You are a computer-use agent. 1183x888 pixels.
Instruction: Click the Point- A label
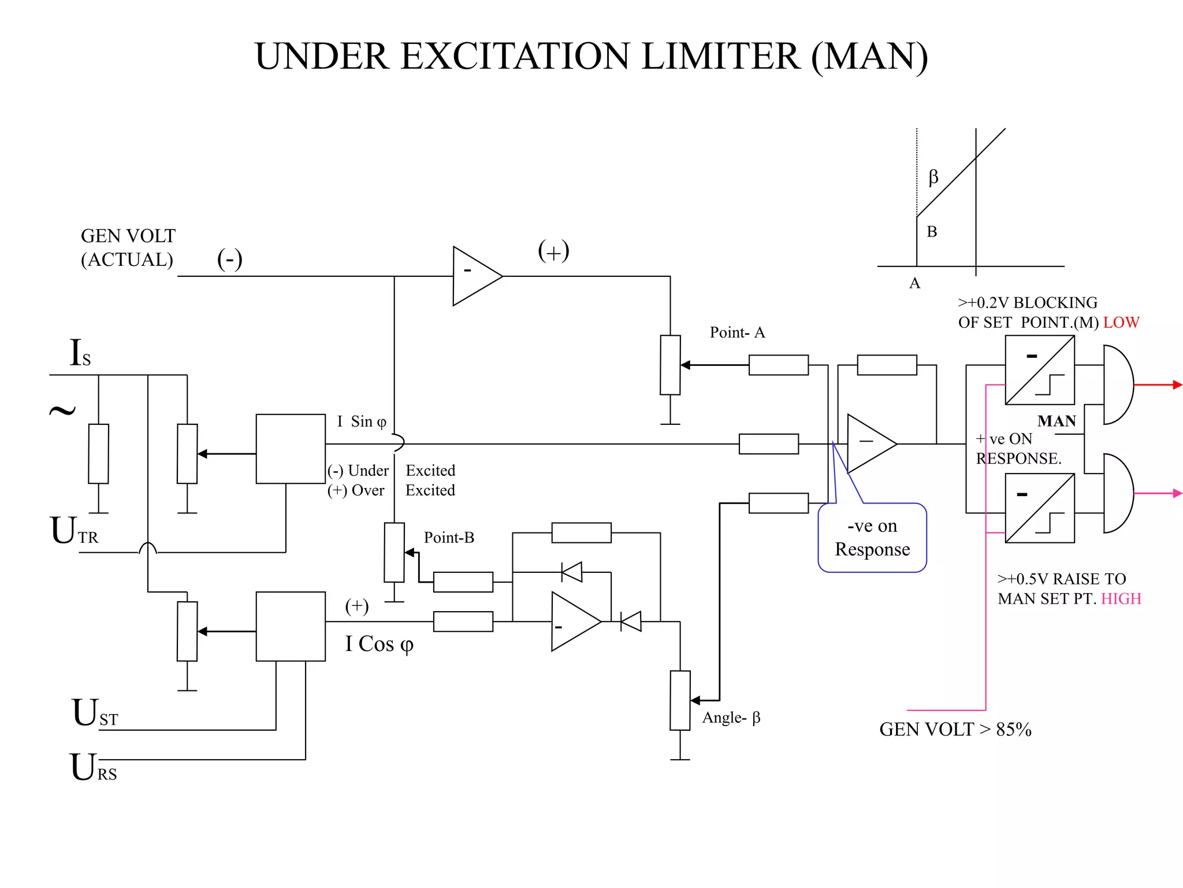[x=737, y=332]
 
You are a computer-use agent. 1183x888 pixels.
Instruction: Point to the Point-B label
[x=449, y=538]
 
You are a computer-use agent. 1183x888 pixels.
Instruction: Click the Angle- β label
[x=731, y=717]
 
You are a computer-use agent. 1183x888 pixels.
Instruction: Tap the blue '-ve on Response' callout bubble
[x=872, y=538]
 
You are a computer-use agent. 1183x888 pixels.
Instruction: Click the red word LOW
[x=1121, y=323]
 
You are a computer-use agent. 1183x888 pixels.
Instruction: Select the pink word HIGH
[x=1121, y=599]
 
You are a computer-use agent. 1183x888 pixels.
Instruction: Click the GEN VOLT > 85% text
[x=955, y=730]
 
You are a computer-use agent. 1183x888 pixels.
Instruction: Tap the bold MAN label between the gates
[x=1056, y=421]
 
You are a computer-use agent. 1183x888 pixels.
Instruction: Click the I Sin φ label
[x=362, y=421]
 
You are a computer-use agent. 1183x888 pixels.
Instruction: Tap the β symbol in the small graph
[x=933, y=176]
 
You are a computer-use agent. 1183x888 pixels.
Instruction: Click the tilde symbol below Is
[x=62, y=410]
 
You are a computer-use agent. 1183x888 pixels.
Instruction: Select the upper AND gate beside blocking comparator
[x=1117, y=384]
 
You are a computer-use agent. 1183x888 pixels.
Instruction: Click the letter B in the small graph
[x=932, y=232]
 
